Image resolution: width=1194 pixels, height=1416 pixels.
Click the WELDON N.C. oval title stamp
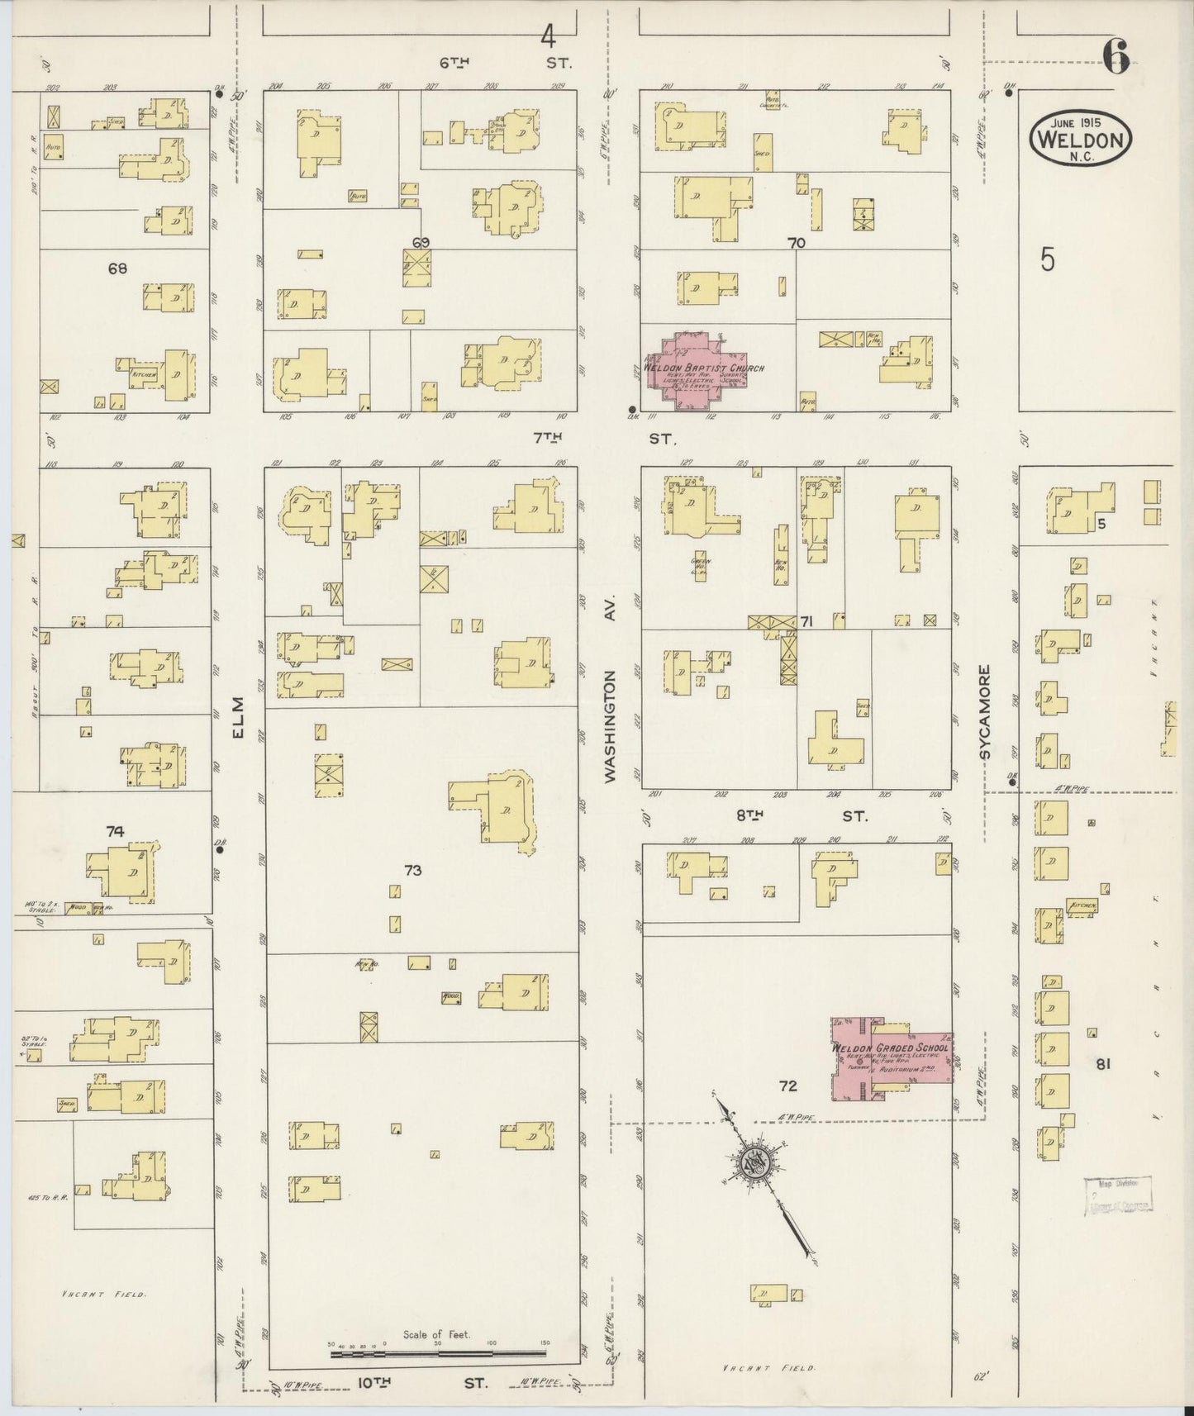tap(1080, 137)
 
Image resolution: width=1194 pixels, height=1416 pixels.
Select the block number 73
tap(413, 870)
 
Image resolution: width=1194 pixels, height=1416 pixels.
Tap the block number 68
tap(118, 268)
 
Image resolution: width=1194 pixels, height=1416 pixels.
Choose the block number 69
tap(421, 243)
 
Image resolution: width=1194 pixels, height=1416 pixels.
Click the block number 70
tap(797, 243)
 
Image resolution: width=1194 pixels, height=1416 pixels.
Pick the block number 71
tap(806, 621)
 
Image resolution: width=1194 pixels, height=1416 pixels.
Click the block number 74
tap(115, 831)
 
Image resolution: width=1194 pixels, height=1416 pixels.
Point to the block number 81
tap(1103, 1064)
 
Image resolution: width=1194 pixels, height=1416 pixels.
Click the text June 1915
tap(1079, 122)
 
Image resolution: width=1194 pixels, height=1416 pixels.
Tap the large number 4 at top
tap(548, 36)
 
